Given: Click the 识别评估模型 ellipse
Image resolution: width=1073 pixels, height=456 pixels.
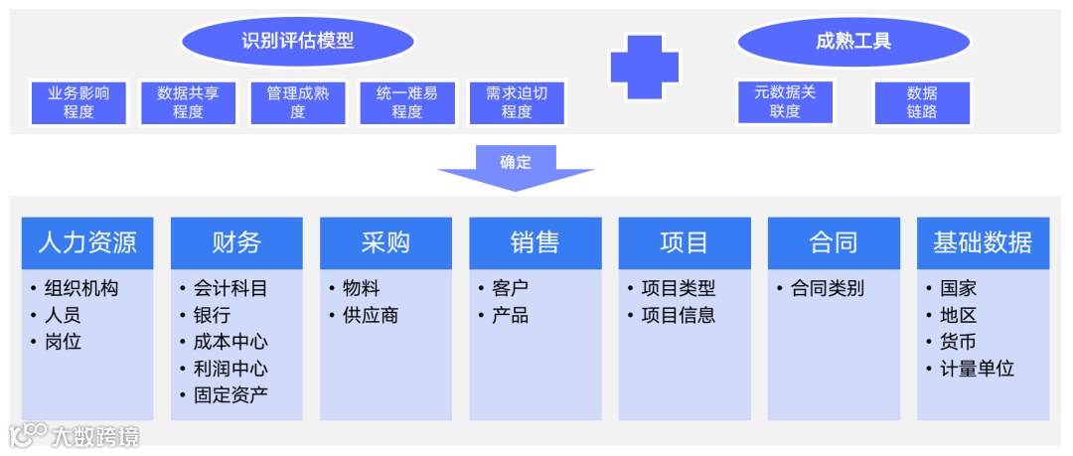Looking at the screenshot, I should tap(297, 41).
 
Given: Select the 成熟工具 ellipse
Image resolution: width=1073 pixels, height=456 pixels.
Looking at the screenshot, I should tap(853, 41).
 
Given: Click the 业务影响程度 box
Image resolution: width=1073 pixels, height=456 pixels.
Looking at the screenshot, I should tap(78, 102).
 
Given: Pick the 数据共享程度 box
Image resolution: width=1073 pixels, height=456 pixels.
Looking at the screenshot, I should tap(188, 102).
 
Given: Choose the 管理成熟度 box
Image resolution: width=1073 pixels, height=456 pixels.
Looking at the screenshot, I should tap(297, 102).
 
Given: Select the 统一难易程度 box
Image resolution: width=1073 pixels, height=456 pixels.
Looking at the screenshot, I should tap(406, 102).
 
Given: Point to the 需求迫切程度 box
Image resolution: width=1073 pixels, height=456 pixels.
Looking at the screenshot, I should tap(517, 102).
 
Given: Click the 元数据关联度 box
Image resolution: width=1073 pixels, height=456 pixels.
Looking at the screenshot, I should tap(785, 102).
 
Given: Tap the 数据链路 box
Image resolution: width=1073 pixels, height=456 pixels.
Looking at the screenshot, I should tap(921, 102).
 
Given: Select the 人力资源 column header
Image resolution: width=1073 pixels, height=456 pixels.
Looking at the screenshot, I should tap(87, 242).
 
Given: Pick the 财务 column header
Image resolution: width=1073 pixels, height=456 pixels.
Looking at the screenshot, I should tap(236, 242).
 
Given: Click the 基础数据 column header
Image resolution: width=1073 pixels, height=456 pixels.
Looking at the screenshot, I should tap(983, 242).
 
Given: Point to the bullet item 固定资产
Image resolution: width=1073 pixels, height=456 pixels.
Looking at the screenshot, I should tap(230, 395).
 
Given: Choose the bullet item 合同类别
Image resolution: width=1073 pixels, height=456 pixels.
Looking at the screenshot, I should tap(827, 289).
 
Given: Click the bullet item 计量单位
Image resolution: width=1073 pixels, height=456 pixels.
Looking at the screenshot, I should tap(977, 369).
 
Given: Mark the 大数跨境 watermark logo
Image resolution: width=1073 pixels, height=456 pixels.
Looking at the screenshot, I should tap(75, 435).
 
